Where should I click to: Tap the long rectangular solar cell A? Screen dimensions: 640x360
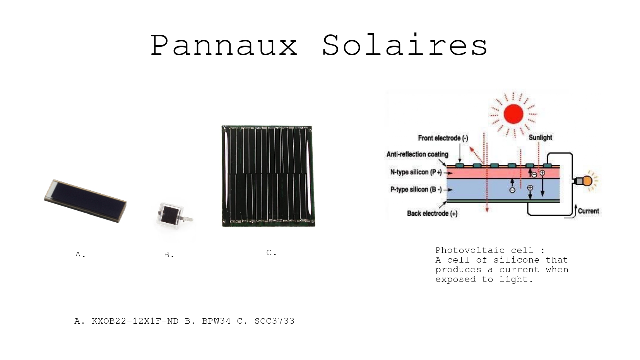coord(85,201)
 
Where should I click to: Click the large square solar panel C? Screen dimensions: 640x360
coord(268,176)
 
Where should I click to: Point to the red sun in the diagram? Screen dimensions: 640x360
coord(513,114)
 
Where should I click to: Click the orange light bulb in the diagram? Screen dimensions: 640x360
coord(587,181)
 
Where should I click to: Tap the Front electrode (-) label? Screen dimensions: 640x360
coord(443,138)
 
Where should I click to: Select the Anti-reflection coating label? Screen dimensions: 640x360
coord(418,154)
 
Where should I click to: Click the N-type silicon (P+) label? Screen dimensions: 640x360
coord(416,172)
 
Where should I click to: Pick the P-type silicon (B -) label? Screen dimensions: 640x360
coord(416,189)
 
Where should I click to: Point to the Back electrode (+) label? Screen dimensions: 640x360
coord(432,213)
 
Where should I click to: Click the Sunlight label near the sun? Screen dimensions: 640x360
coord(540,138)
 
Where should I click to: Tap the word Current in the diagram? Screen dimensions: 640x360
coord(588,211)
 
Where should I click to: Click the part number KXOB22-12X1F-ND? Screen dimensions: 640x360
coord(135,321)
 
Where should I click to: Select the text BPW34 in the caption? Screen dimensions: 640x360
coord(216,321)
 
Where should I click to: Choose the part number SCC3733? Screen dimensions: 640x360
coord(274,321)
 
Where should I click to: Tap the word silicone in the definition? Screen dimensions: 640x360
coord(516,260)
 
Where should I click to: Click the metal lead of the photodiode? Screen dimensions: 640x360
coord(187,219)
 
